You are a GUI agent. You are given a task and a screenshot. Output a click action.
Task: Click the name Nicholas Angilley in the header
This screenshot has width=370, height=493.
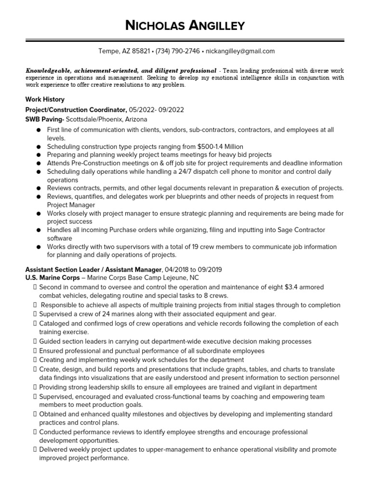tap(185, 25)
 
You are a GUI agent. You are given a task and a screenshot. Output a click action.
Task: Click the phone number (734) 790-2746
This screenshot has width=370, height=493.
tap(178, 51)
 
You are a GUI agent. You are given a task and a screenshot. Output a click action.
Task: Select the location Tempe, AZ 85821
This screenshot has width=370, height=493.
tap(123, 51)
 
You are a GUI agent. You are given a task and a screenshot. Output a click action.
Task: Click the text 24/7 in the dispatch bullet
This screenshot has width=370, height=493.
tap(209, 171)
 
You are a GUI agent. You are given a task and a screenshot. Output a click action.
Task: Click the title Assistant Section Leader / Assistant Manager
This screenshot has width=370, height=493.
tap(93, 270)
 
